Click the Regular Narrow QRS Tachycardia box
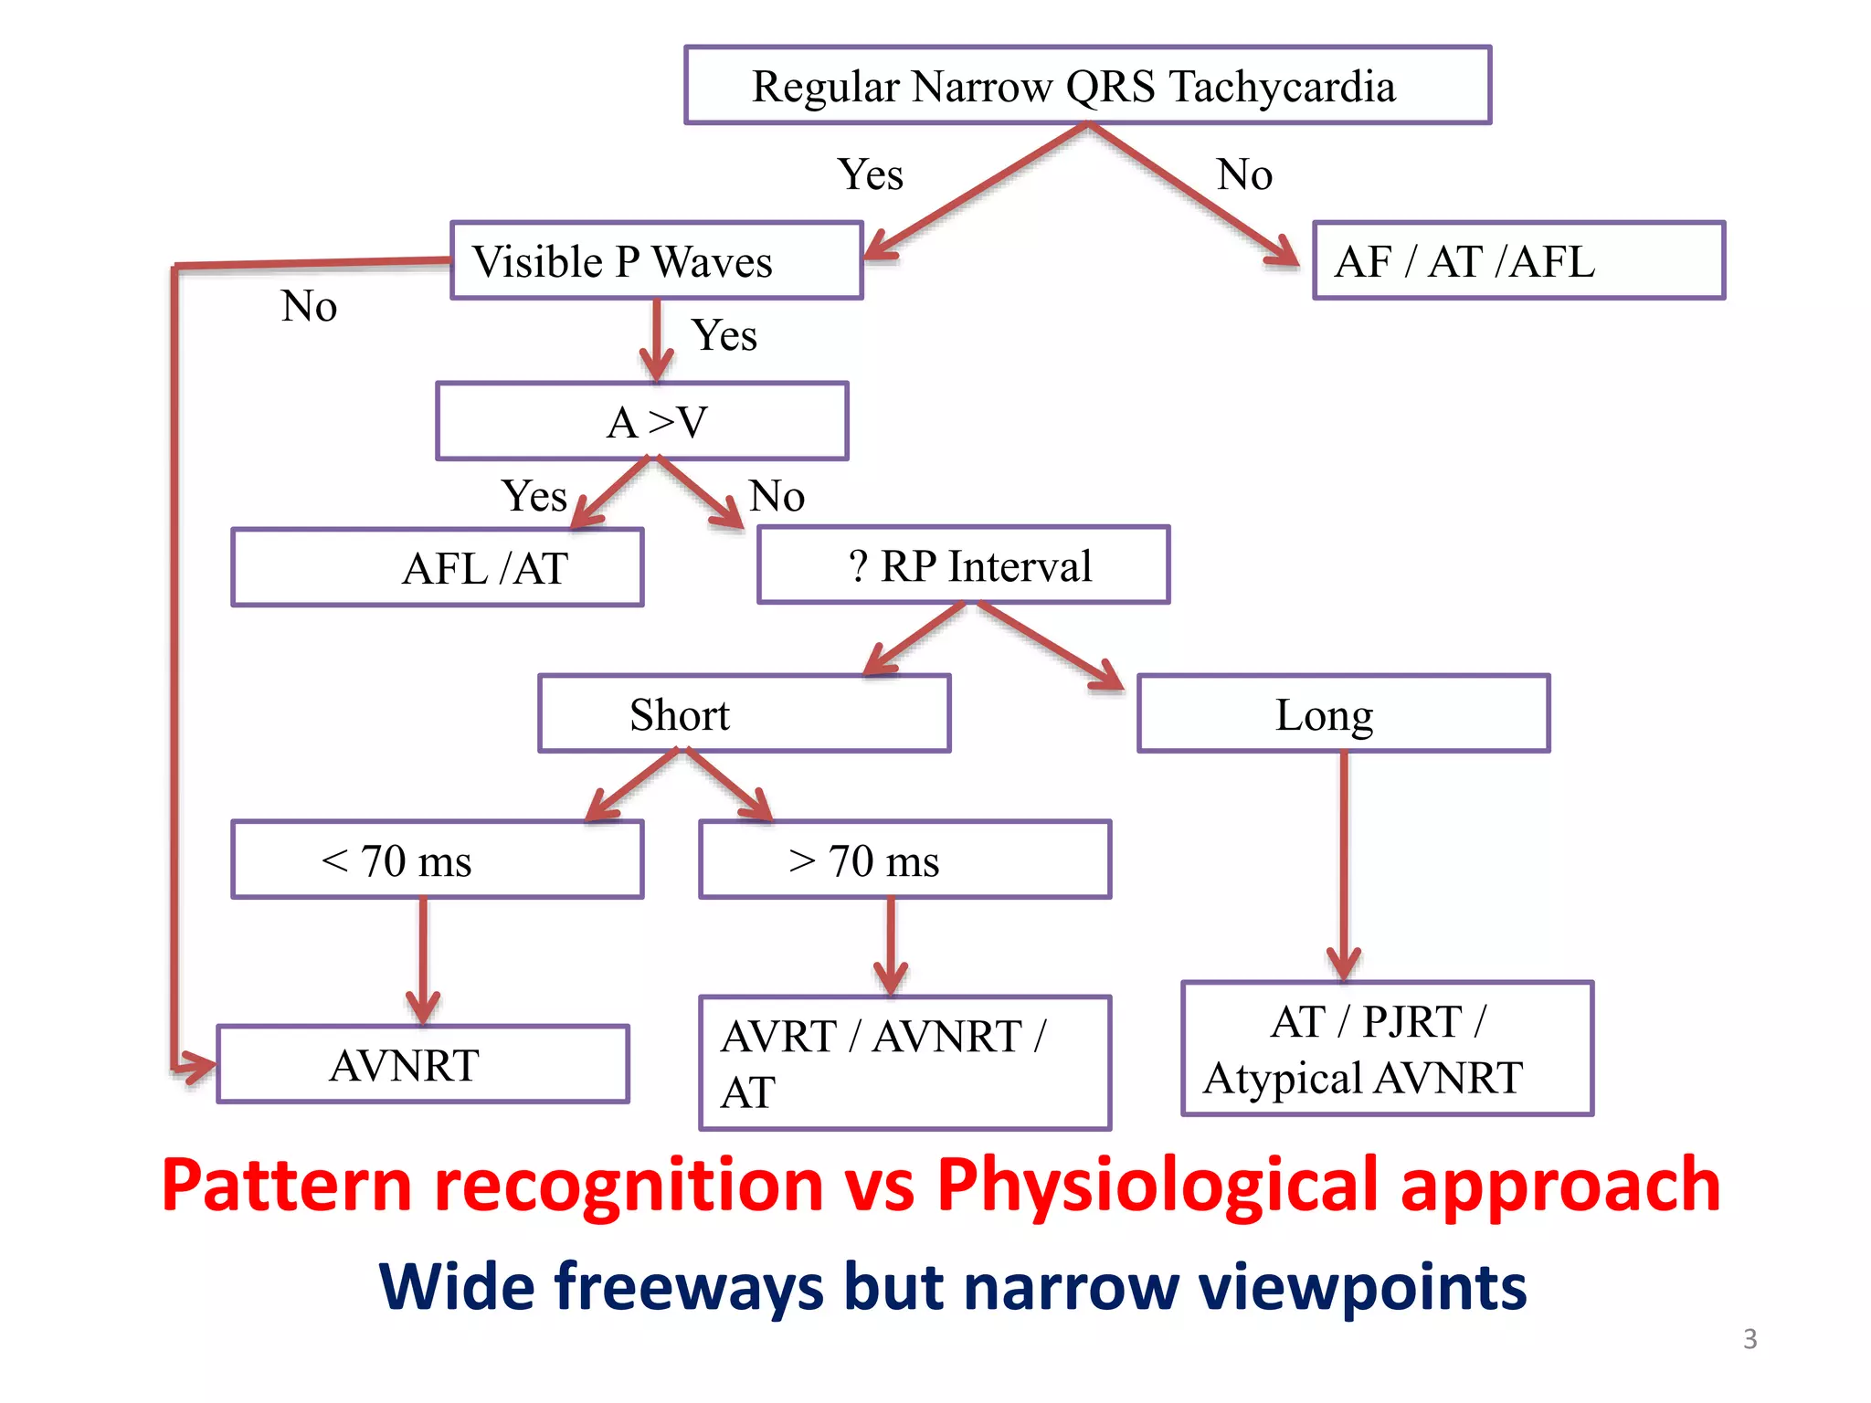(1087, 85)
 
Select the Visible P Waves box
(656, 260)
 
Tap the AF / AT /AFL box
(1518, 260)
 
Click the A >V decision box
(642, 421)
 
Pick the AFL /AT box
(438, 567)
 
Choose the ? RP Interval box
(964, 564)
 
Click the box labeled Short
(745, 713)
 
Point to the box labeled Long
(1343, 713)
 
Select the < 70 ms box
(438, 860)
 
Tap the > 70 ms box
(904, 860)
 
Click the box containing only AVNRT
(423, 1064)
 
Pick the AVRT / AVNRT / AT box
(904, 1063)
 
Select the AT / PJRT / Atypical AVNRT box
(1387, 1049)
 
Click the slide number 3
(1749, 1339)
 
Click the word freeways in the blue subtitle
(682, 1286)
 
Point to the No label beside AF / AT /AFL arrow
(1244, 174)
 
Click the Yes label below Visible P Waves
(724, 335)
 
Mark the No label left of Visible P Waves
(309, 306)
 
